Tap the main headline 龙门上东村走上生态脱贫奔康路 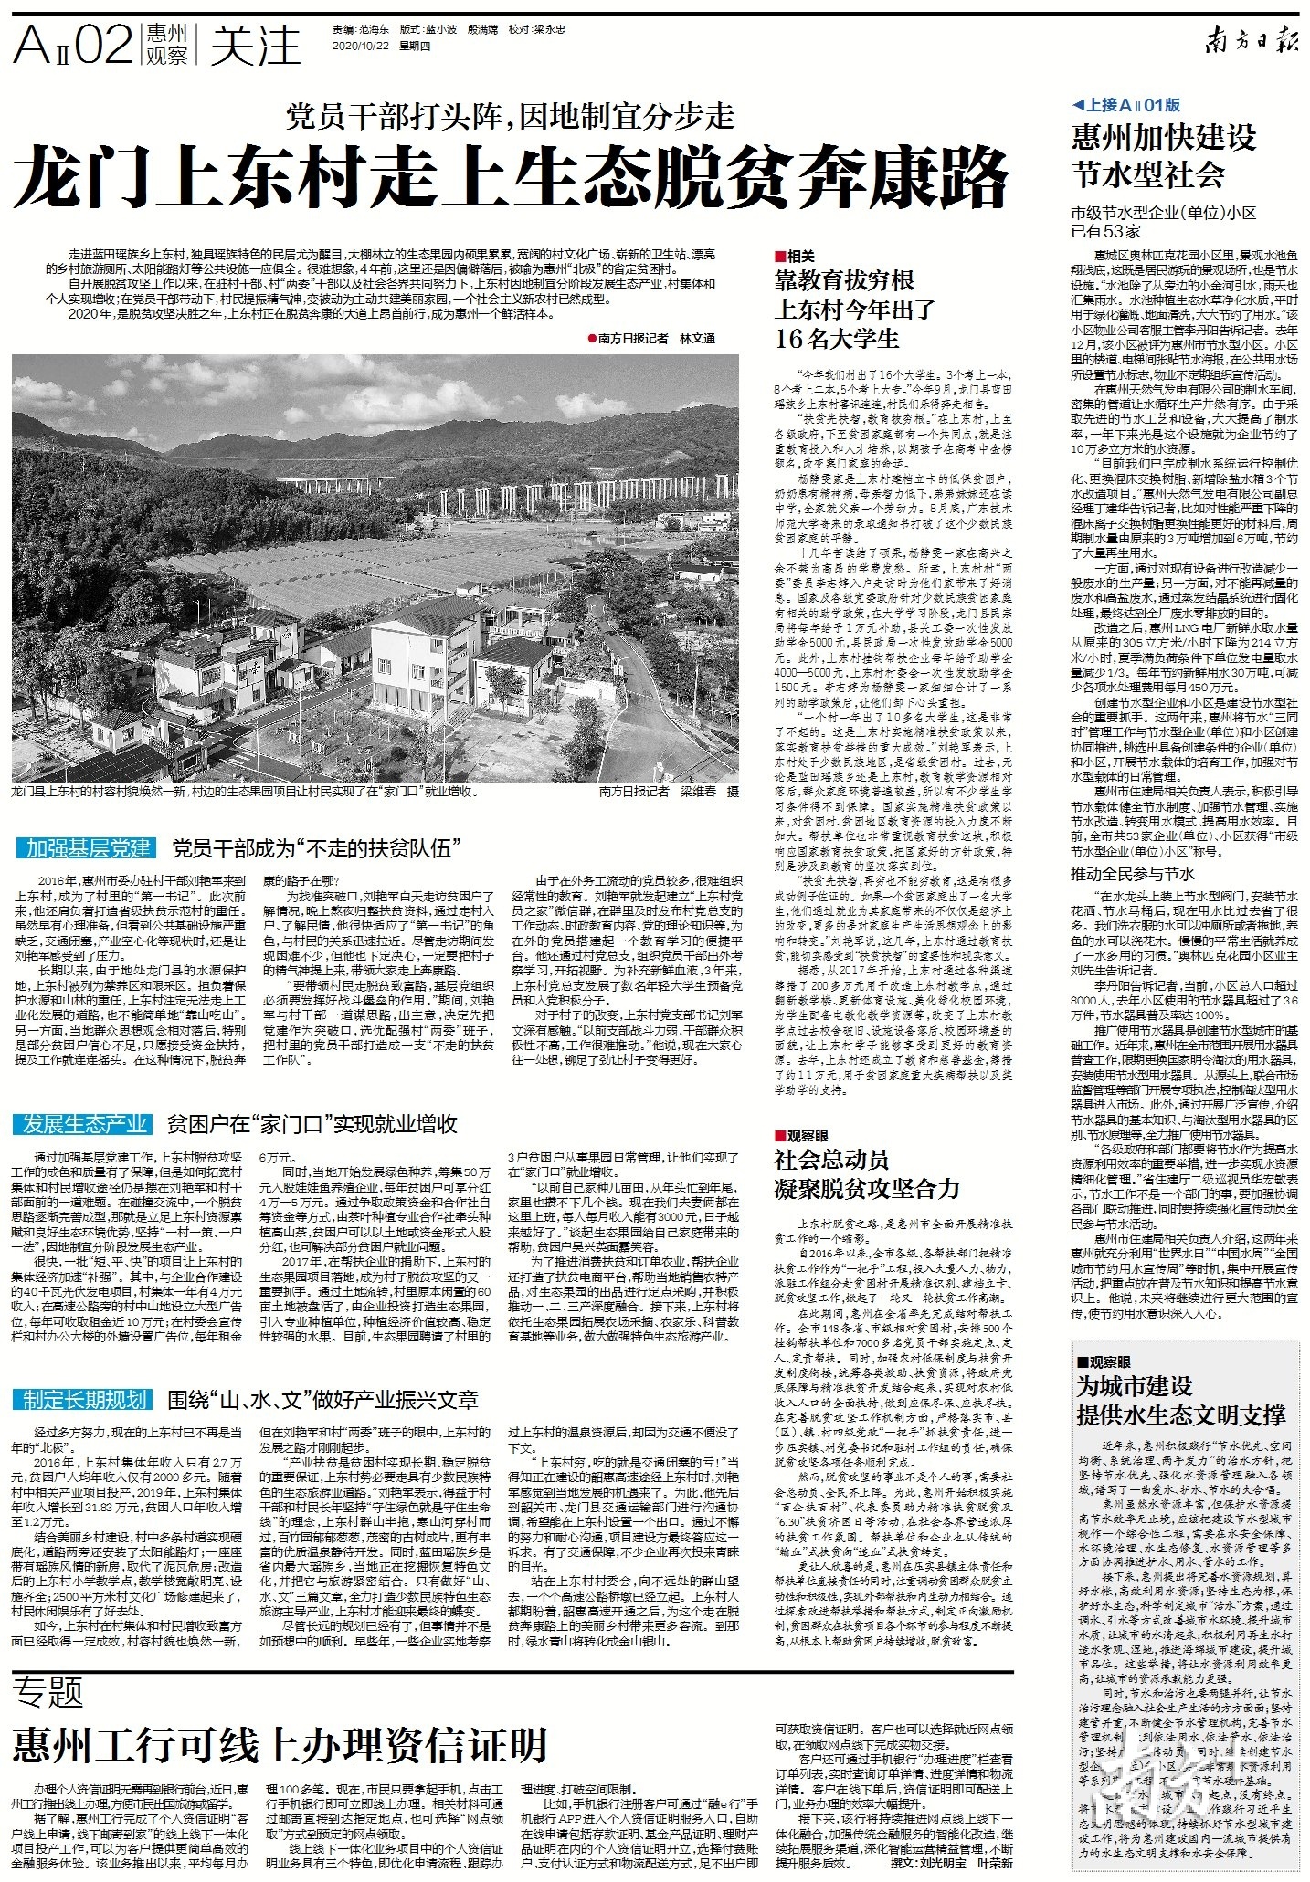512,176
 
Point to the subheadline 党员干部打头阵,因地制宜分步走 511,116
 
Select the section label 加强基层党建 88,848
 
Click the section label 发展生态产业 86,1123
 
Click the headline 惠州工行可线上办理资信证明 280,1745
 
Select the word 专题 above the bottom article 48,1694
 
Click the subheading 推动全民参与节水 1132,874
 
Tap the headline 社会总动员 831,1160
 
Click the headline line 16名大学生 837,339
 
